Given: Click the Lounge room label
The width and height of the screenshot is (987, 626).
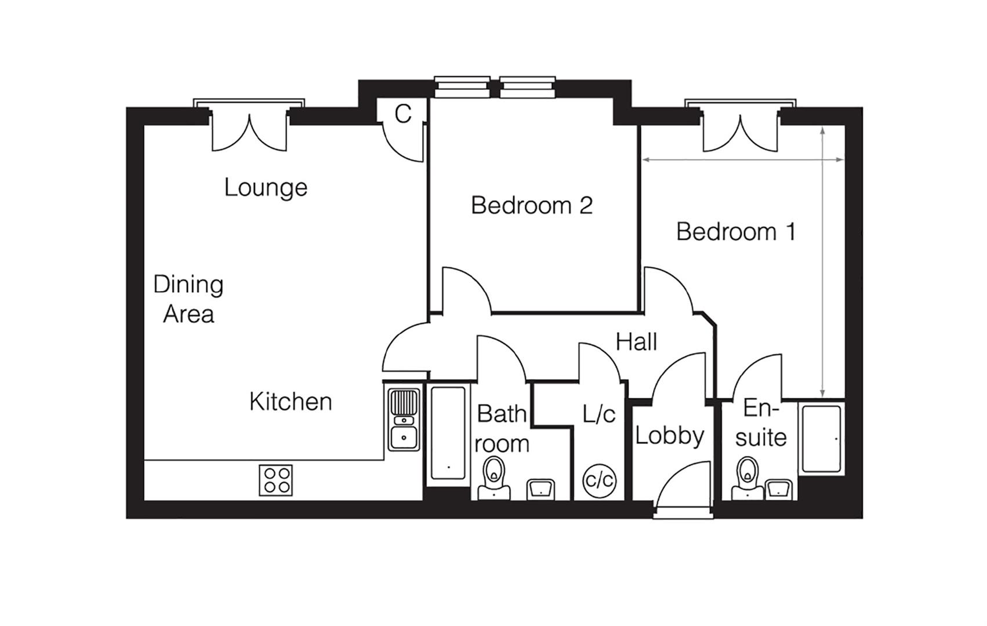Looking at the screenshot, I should click(x=266, y=188).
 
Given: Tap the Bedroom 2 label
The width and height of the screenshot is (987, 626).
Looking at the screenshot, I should click(x=532, y=205).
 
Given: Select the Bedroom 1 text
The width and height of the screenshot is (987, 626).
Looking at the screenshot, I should click(x=735, y=232).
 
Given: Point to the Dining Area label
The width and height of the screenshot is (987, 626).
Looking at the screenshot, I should click(x=188, y=299).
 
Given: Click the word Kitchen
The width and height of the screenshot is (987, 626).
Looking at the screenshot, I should click(x=291, y=402).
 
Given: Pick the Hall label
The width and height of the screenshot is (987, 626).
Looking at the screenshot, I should click(x=636, y=342).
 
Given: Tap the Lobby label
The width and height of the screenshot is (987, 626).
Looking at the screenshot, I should click(x=670, y=435).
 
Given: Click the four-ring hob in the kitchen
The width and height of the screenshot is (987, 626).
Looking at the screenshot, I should click(x=275, y=480).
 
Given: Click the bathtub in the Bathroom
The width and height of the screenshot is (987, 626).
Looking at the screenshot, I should click(x=448, y=432).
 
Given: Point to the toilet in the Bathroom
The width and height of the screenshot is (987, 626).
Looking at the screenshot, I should click(x=494, y=478).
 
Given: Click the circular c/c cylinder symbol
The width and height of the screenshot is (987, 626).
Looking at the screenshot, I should click(x=599, y=481).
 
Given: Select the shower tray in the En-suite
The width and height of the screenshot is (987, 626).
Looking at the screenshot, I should click(x=821, y=439).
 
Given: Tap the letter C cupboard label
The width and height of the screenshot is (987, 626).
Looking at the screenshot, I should click(x=402, y=114).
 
